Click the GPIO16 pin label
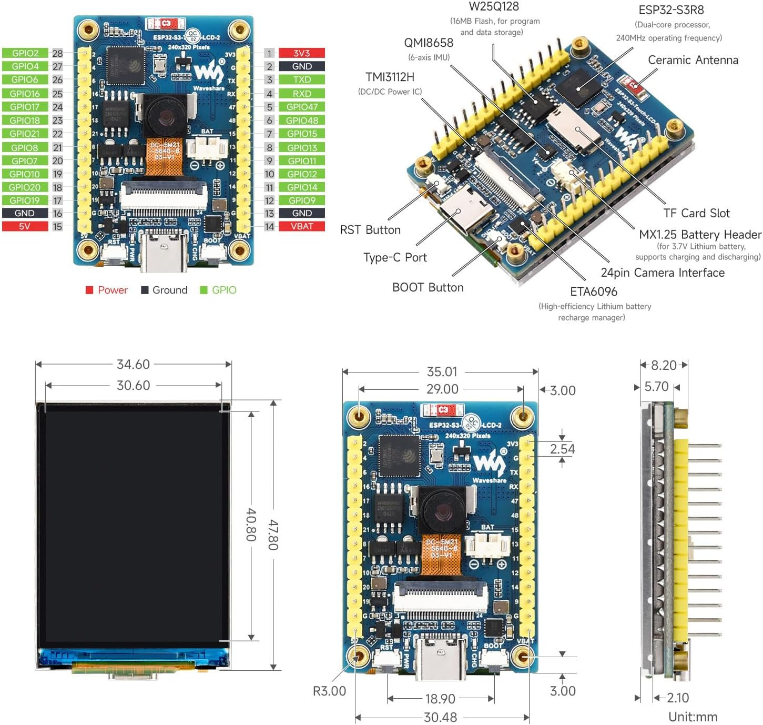(x=25, y=94)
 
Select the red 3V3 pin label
(x=302, y=53)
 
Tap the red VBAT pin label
(x=302, y=226)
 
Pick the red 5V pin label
(x=25, y=226)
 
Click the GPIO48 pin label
(x=302, y=120)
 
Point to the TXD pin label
(x=302, y=80)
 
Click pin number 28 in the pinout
(x=57, y=53)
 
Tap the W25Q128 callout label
(x=494, y=7)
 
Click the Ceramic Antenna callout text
(x=693, y=60)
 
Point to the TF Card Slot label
(x=696, y=213)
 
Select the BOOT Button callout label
(x=428, y=287)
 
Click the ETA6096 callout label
(x=594, y=291)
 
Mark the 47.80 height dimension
(x=273, y=535)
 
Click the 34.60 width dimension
(x=133, y=364)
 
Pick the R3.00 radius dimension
(x=329, y=691)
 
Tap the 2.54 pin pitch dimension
(x=562, y=449)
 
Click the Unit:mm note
(x=693, y=717)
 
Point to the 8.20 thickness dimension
(x=664, y=365)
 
